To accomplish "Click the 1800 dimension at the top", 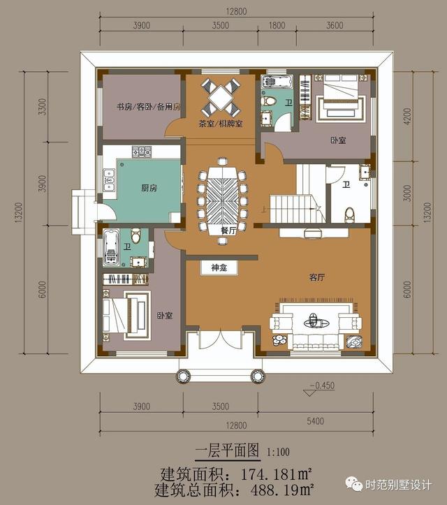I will coord(277,25).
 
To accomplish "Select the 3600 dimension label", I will coord(335,25).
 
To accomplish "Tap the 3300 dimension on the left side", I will coord(41,109).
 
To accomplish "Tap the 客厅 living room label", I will coord(317,277).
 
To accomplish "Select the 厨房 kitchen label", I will coord(129,188).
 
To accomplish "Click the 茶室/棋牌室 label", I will coord(220,124).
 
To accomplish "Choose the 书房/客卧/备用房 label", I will coord(148,107).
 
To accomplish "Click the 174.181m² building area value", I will coord(272,473).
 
